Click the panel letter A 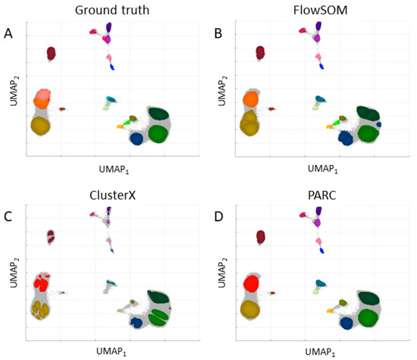click(x=8, y=33)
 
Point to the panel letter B click(x=218, y=33)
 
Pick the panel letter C click(x=8, y=215)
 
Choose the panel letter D click(x=218, y=215)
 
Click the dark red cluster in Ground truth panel click(x=51, y=53)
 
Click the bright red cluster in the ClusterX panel click(x=41, y=284)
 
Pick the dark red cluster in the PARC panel click(x=260, y=237)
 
